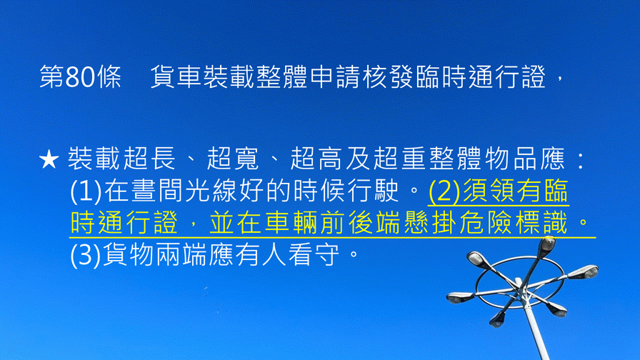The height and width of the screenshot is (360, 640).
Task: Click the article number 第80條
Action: pos(81,76)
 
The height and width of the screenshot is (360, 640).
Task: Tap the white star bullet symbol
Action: pos(49,159)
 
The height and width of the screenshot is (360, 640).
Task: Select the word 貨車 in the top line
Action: pos(176,76)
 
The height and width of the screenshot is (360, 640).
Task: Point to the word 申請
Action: pos(336,76)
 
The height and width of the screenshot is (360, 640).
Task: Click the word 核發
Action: pos(389,76)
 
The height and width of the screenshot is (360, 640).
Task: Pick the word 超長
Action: pos(150,159)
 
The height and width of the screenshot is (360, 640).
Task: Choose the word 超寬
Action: pos(233,159)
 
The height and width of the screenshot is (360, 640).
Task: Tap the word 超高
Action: pos(316,159)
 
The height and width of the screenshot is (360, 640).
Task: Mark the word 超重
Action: pos(399,159)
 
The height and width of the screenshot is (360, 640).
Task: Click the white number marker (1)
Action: pos(86,191)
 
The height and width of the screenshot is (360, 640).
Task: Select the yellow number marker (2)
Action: pos(444,191)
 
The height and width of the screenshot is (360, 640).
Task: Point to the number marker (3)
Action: pos(86,255)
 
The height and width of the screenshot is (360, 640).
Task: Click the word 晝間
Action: pos(157,191)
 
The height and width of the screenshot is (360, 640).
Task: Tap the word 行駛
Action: pos(373,191)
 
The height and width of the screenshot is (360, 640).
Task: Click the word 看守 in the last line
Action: pos(314,255)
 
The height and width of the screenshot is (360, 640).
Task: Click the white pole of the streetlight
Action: pos(536,326)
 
